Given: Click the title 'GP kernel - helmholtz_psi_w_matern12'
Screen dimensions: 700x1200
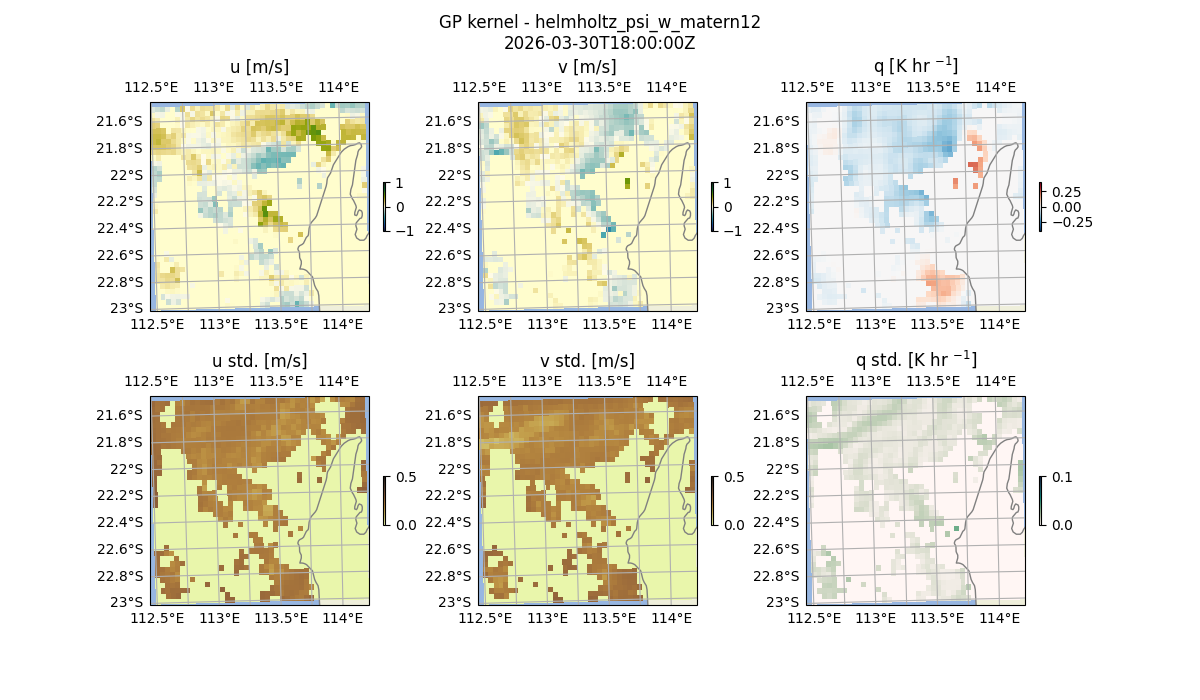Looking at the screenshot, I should click(x=599, y=22).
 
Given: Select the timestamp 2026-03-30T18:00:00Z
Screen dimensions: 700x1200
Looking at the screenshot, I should click(x=599, y=43).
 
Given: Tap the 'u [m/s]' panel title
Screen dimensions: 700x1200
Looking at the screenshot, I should click(x=259, y=67).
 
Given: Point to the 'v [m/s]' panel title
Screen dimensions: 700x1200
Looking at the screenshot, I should click(x=587, y=67).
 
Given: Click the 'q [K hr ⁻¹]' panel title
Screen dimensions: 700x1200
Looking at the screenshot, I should click(x=915, y=66).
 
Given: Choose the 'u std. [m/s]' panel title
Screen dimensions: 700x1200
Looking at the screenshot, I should click(x=259, y=361).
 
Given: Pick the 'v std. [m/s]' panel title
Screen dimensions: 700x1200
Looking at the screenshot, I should click(x=587, y=361).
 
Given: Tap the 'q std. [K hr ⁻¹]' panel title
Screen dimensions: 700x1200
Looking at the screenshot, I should click(x=915, y=360).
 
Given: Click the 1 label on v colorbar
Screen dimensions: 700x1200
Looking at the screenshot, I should click(x=727, y=184).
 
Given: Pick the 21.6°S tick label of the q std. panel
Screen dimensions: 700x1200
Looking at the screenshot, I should click(x=778, y=415).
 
